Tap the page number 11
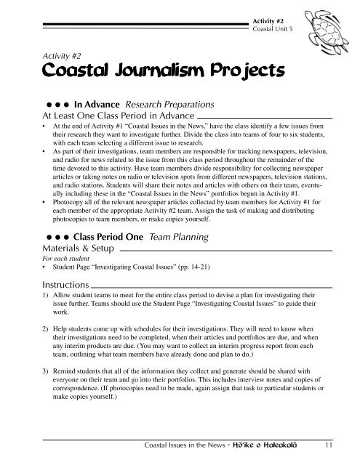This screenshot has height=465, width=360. click(x=329, y=445)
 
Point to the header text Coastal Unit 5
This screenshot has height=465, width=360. click(x=273, y=29)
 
